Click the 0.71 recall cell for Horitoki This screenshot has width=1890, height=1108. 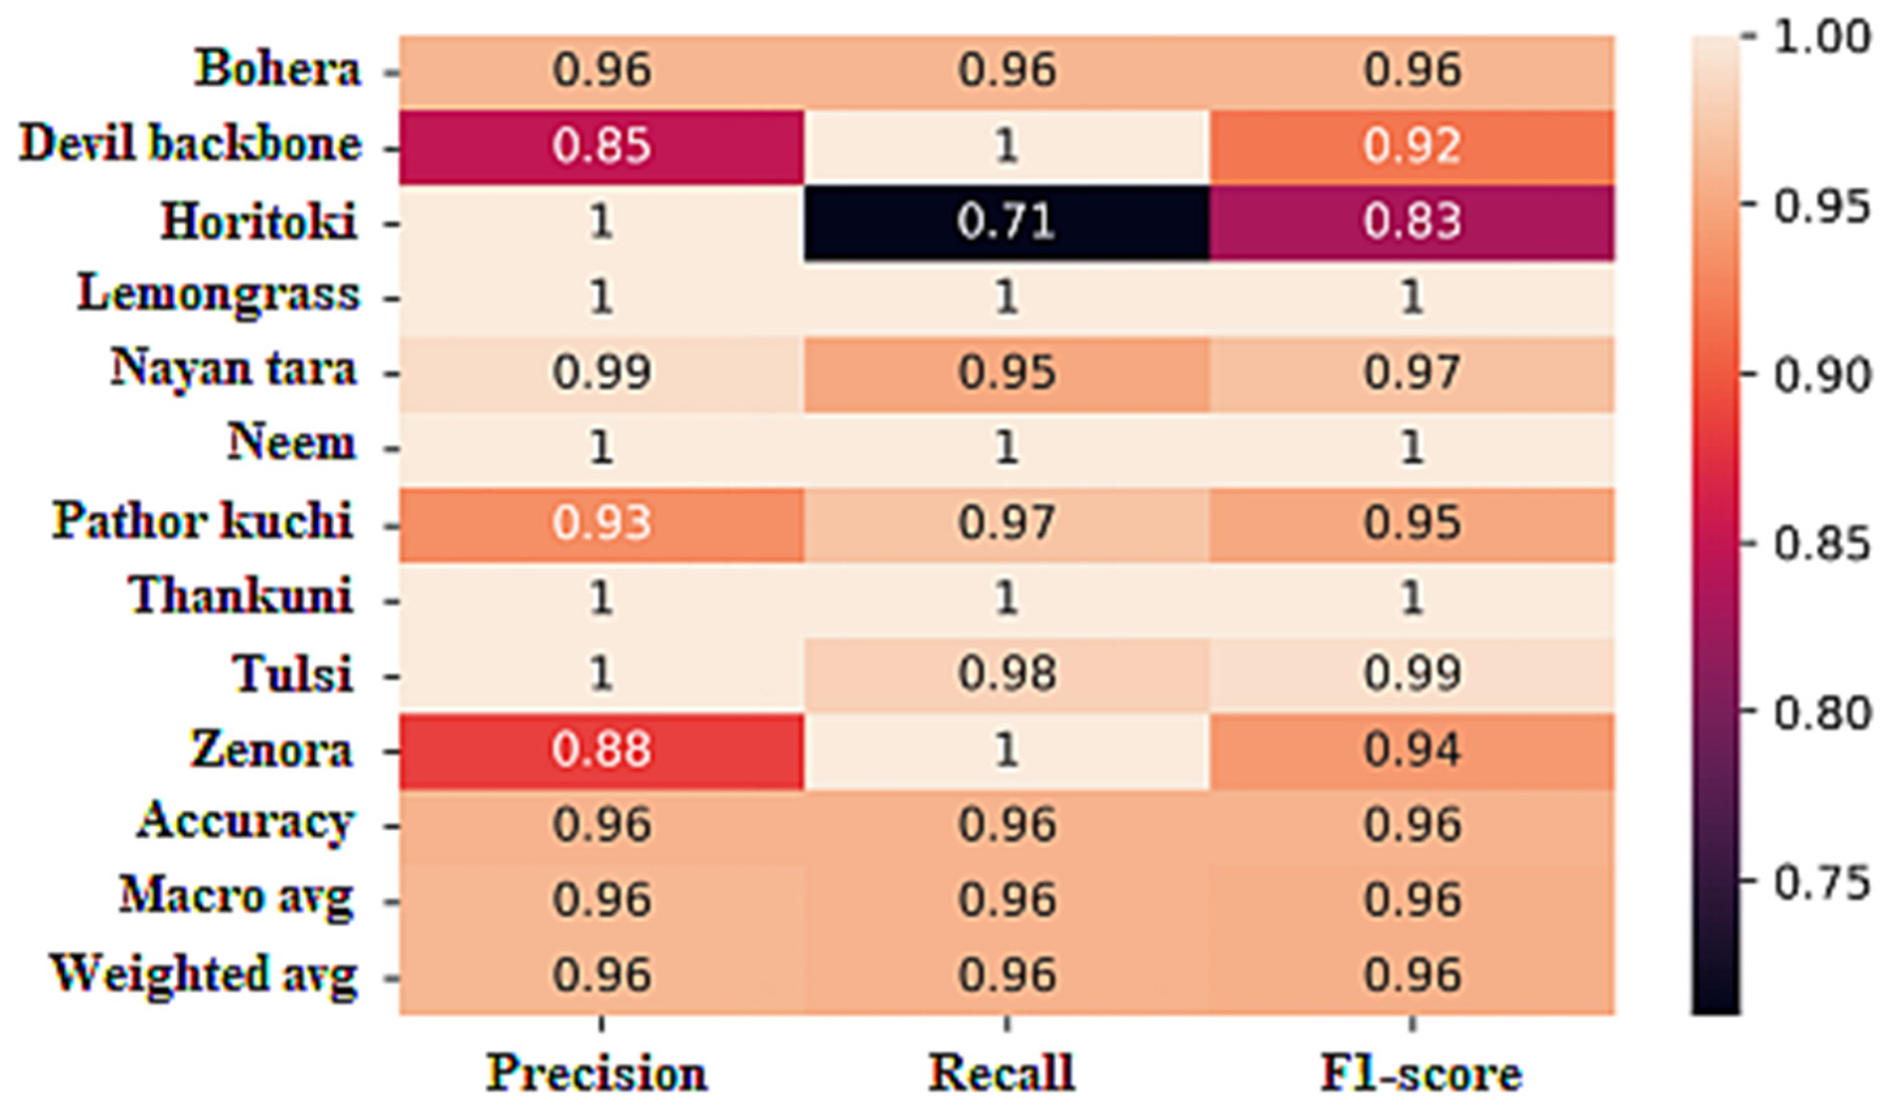coord(1006,223)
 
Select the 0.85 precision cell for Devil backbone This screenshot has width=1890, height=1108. coord(601,145)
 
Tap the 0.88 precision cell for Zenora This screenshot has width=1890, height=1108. coord(601,750)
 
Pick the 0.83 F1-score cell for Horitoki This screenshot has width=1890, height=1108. coord(1412,223)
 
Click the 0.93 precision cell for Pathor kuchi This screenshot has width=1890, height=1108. coord(601,523)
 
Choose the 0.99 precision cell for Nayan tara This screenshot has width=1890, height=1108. coord(601,372)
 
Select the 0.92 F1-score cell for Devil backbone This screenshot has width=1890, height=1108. coord(1412,145)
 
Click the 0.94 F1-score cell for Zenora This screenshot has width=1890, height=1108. coord(1412,750)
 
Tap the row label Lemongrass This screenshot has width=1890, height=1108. coord(219,294)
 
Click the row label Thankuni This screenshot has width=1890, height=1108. coord(242,596)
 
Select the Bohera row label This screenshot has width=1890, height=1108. coord(278,69)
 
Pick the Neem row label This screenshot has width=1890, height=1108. coord(291,443)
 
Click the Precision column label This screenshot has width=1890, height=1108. coord(597,1073)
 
